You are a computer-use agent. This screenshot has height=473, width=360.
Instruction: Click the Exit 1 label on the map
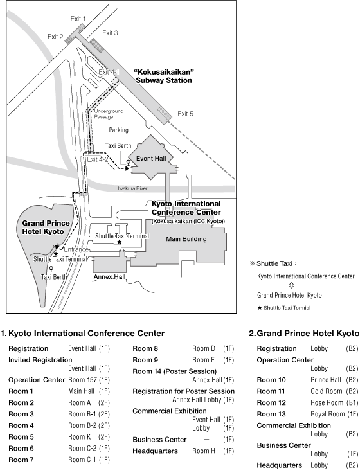78,19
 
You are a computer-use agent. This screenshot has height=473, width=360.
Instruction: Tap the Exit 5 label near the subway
185,114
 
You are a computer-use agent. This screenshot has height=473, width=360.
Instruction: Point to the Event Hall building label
151,158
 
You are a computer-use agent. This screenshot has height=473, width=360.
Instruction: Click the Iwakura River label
132,188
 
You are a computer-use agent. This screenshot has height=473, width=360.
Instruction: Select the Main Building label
186,239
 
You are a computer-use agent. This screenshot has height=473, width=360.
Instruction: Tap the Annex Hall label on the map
109,277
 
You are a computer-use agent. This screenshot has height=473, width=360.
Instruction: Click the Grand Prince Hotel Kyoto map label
46,228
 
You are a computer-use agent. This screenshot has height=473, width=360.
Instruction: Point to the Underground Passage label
109,114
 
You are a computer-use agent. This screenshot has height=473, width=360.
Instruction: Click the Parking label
118,130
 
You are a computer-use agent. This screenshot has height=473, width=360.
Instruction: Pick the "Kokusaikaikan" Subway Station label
164,76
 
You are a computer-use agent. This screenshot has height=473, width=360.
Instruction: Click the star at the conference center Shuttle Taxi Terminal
120,242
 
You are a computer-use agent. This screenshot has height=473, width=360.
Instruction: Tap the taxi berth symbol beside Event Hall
129,163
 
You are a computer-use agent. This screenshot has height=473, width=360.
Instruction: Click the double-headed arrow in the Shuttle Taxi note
291,285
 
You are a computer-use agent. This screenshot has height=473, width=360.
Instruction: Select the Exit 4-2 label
98,159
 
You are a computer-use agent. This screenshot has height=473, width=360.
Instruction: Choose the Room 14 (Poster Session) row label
175,371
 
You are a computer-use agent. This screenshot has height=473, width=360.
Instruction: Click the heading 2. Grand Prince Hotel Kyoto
304,334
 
